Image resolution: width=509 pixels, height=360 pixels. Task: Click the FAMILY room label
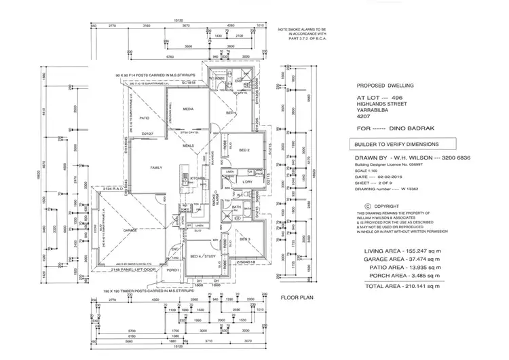point(156,166)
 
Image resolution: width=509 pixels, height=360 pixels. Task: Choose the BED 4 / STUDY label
point(202,255)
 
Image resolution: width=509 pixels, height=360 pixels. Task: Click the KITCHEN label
point(197,179)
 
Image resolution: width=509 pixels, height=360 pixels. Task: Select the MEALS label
point(188,145)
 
